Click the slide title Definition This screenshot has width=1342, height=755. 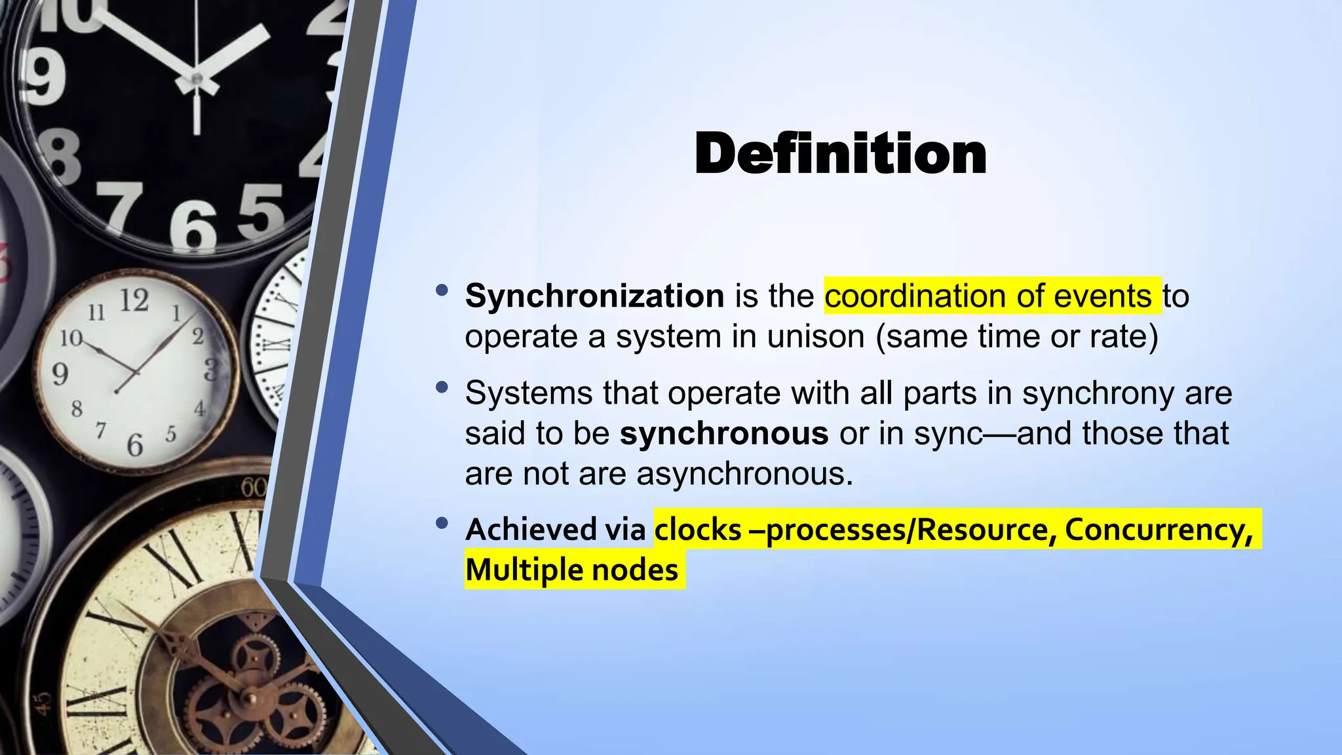pos(840,154)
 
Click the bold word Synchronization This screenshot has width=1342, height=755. pos(594,296)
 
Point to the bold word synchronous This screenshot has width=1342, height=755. pos(724,433)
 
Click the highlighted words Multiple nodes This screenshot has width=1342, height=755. pos(571,570)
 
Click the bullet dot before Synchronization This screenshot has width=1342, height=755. pos(442,290)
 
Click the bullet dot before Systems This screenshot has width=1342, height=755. pos(442,387)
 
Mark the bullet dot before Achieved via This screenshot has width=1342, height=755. pos(442,523)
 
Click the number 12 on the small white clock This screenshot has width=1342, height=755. pos(134,300)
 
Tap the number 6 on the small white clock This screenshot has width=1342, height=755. pos(134,445)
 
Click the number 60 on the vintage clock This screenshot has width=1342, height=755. pos(254,487)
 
